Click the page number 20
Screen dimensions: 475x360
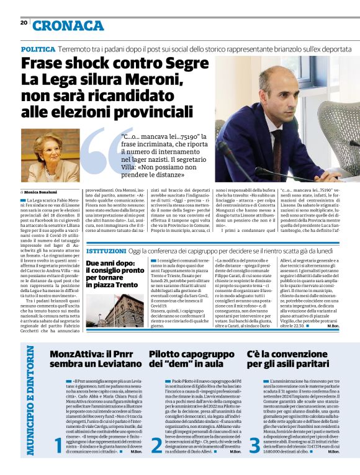pyautogui.click(x=24, y=22)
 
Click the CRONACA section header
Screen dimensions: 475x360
pyautogui.click(x=68, y=25)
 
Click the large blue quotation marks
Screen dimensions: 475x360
pyautogui.click(x=99, y=155)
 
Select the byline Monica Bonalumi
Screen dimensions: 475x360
pyautogui.click(x=44, y=193)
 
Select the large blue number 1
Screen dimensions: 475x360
pyautogui.click(x=58, y=461)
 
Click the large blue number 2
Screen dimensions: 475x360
pyautogui.click(x=156, y=461)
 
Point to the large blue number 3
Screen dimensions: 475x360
pyautogui.click(x=254, y=461)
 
